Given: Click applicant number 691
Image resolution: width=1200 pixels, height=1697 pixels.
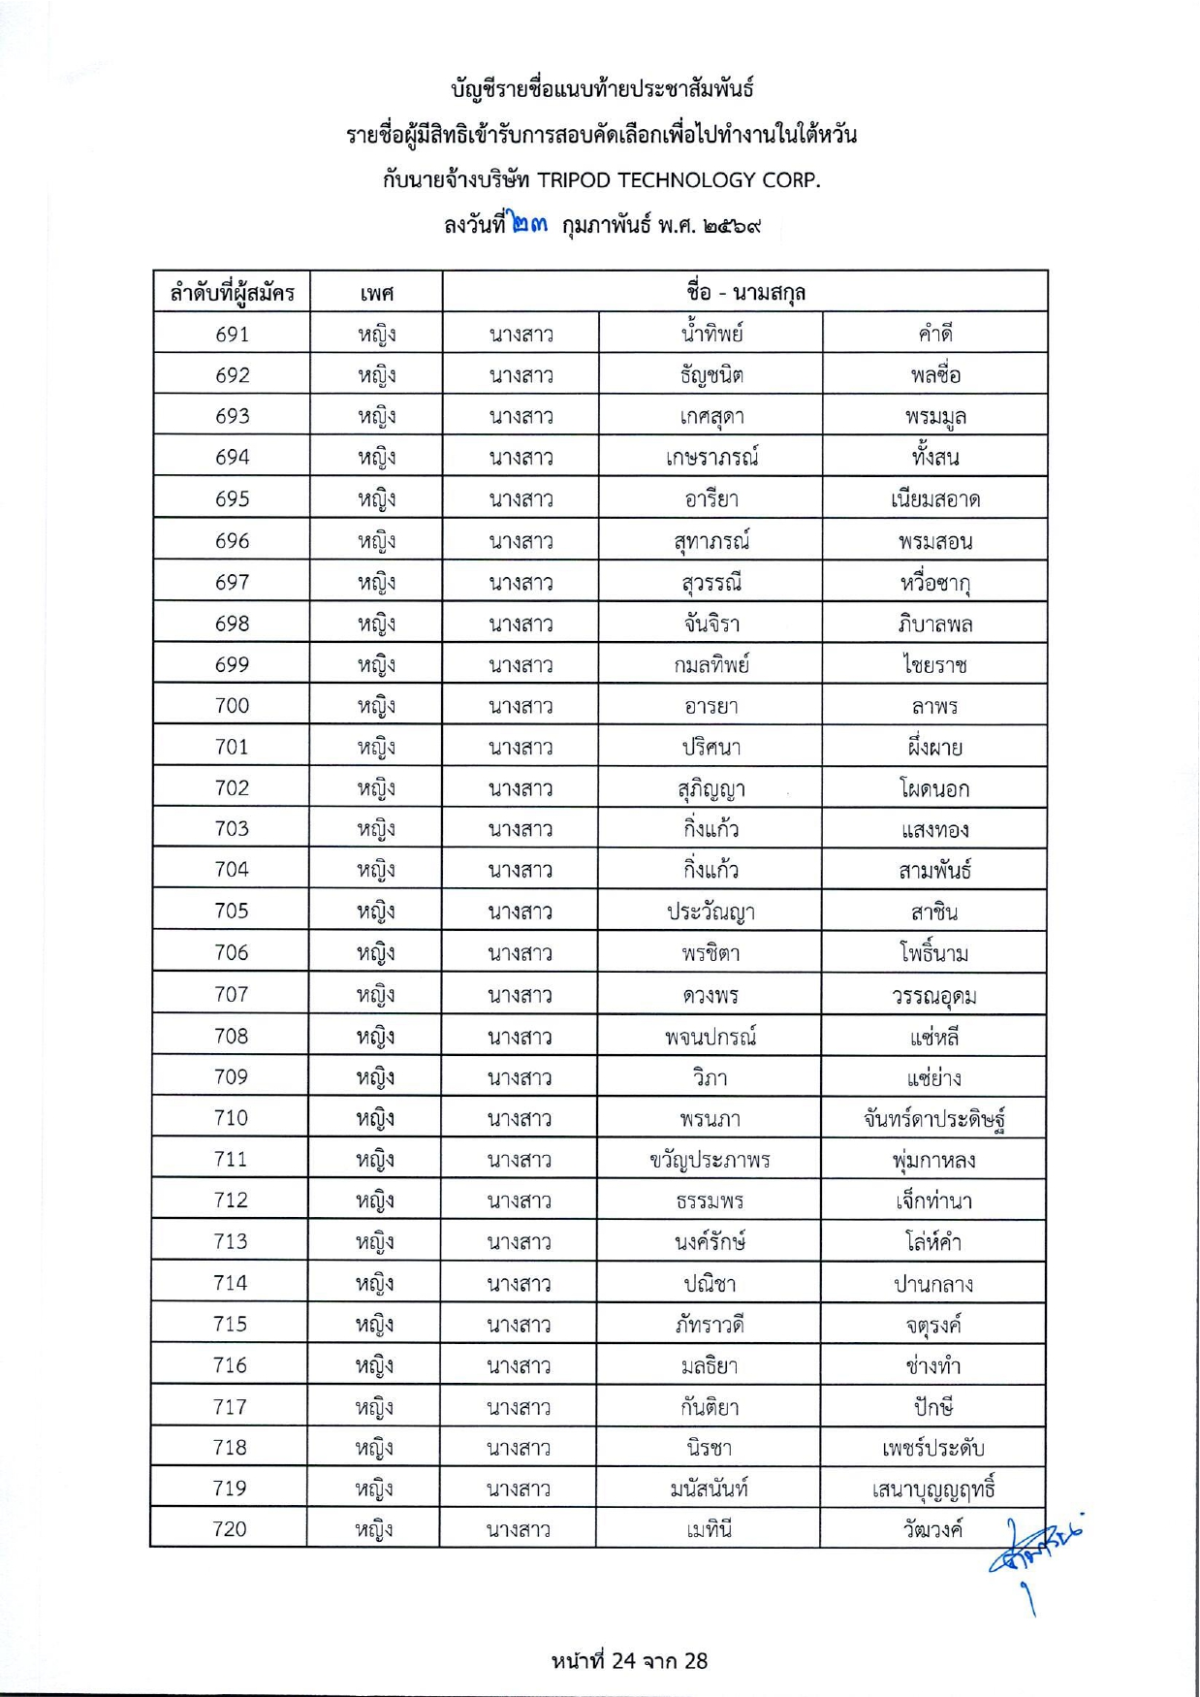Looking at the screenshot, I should click(232, 335).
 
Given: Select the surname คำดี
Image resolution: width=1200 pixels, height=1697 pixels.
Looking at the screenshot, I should click(935, 335).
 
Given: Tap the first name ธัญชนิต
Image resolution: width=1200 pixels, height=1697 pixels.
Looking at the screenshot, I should click(711, 375).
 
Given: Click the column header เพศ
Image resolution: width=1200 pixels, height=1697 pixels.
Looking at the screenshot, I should click(376, 293).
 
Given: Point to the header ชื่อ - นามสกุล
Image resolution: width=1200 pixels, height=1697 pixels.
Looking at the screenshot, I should click(744, 292).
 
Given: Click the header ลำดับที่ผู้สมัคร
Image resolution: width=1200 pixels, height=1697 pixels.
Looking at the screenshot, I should click(232, 293).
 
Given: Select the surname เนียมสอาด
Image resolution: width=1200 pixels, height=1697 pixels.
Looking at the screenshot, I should click(935, 499).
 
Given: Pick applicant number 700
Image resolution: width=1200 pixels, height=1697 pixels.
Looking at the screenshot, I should click(232, 706).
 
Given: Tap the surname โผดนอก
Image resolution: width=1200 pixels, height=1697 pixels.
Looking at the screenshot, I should click(934, 788).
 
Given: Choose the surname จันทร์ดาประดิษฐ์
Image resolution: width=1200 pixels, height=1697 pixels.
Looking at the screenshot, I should click(933, 1119).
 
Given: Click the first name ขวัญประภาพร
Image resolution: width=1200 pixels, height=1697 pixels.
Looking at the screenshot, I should click(710, 1160).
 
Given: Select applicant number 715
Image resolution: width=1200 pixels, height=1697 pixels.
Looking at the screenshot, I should click(231, 1325).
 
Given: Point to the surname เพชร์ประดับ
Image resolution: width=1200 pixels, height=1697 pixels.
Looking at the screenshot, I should click(932, 1448).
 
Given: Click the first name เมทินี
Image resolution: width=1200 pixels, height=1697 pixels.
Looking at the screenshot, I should click(709, 1529).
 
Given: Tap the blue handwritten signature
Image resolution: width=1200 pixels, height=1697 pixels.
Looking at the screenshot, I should click(1033, 1553).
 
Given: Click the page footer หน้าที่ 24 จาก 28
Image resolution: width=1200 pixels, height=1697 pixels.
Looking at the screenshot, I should click(629, 1661).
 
